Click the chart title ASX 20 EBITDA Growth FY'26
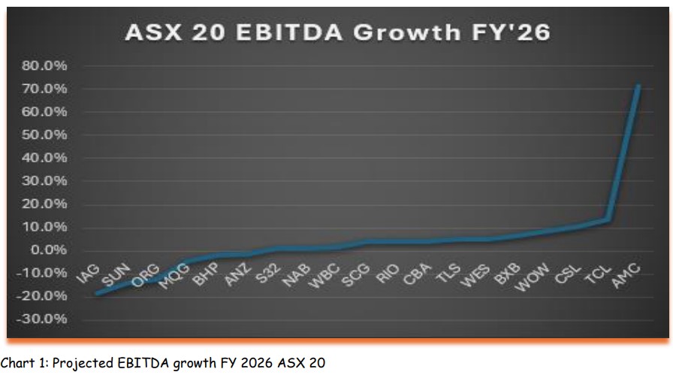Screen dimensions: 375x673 336,32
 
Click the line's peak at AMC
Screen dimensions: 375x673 638,86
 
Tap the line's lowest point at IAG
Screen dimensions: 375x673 97,293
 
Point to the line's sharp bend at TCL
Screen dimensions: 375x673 608,219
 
